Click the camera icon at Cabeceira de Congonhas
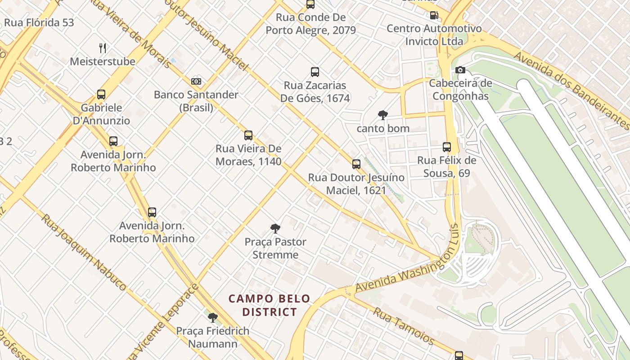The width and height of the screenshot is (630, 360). pyautogui.click(x=460, y=70)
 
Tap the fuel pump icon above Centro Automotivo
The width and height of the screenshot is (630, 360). pyautogui.click(x=434, y=15)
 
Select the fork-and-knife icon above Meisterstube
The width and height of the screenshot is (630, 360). pyautogui.click(x=103, y=48)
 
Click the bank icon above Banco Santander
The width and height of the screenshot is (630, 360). pyautogui.click(x=196, y=81)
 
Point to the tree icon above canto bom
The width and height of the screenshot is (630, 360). pyautogui.click(x=383, y=115)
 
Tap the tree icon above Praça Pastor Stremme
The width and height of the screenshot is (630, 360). pyautogui.click(x=275, y=229)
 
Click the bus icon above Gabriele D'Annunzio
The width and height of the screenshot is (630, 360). pyautogui.click(x=101, y=94)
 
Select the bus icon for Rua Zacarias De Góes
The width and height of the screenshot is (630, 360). pyautogui.click(x=315, y=72)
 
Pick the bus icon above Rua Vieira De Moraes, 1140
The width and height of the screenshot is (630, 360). pyautogui.click(x=248, y=135)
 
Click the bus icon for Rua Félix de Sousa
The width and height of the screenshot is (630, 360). pyautogui.click(x=447, y=147)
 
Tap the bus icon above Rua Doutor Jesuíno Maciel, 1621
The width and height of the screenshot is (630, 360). pyautogui.click(x=356, y=164)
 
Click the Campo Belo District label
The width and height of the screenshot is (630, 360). pyautogui.click(x=270, y=305)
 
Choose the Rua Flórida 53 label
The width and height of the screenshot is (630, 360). pyautogui.click(x=39, y=22)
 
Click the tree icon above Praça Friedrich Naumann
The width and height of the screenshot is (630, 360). pyautogui.click(x=212, y=318)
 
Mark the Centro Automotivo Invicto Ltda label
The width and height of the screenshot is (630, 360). pyautogui.click(x=434, y=35)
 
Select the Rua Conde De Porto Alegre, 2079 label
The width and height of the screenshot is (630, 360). pyautogui.click(x=310, y=24)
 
